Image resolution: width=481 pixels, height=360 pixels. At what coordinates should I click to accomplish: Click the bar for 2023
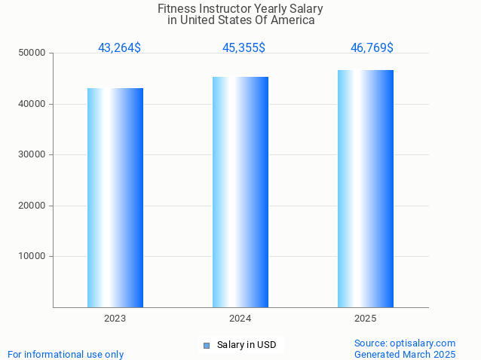point(115,197)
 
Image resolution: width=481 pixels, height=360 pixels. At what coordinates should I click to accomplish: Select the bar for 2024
point(240,192)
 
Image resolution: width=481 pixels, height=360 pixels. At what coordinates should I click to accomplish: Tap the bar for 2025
point(366,188)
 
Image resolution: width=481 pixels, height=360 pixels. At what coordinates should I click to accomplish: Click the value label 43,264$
point(119,48)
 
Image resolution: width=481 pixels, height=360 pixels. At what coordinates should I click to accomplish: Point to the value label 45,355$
point(244,48)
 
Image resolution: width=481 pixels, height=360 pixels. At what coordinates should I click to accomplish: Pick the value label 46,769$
point(372,48)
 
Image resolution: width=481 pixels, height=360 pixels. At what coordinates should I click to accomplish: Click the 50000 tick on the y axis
point(32,53)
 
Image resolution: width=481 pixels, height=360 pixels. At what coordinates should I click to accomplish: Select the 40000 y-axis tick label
point(32,104)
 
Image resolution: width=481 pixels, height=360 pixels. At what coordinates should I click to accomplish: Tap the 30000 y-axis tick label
point(32,154)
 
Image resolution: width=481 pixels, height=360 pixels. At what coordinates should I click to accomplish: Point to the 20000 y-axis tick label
point(32,206)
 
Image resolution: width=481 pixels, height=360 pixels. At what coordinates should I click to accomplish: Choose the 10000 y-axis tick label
point(32,256)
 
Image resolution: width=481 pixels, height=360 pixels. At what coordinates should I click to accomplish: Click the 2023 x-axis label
point(115,319)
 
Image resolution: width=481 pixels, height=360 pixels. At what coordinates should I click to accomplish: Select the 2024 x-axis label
point(240,319)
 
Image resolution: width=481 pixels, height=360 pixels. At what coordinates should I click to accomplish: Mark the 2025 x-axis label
point(366,319)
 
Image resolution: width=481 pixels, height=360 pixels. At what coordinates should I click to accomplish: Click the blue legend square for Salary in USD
point(207,346)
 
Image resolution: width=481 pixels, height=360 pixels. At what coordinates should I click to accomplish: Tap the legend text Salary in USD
point(247,346)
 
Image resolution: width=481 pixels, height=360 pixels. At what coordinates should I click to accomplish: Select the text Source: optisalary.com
point(405,343)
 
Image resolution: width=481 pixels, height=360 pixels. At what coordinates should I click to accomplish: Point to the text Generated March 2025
point(405,354)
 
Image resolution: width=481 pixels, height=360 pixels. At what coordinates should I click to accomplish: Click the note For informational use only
point(66,354)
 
